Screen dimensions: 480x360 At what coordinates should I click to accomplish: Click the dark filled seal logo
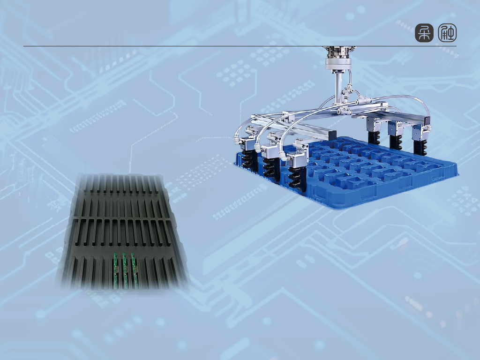pos(424,33)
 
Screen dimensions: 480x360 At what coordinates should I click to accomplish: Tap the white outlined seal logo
pos(447,33)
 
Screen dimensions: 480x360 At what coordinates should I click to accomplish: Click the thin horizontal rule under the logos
pos(240,46)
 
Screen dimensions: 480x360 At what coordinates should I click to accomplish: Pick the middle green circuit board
pos(125,271)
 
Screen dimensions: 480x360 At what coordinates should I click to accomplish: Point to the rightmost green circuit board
pos(135,271)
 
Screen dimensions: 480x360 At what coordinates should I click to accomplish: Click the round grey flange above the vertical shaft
pos(338,64)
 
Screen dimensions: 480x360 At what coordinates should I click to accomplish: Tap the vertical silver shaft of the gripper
pos(339,88)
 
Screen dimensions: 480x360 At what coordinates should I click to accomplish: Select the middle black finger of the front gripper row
pos(271,170)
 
